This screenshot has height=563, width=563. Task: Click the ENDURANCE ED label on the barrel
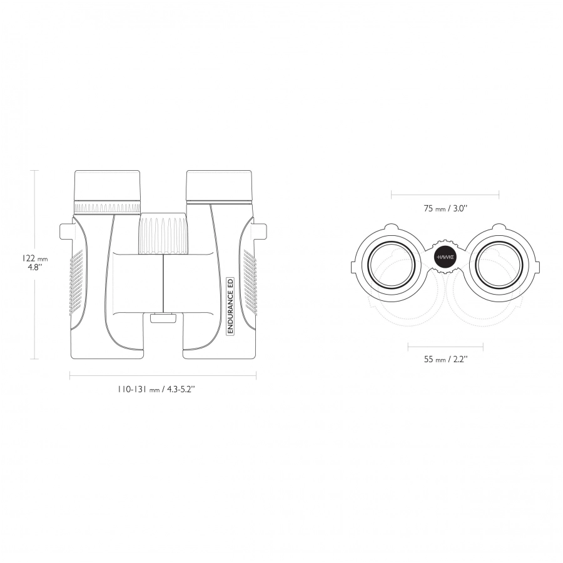[x=230, y=307]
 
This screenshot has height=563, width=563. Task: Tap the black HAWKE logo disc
[x=445, y=257]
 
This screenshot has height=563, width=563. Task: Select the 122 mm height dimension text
[x=34, y=258]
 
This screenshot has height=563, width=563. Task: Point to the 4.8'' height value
[x=35, y=268]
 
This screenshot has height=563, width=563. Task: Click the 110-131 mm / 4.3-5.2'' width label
[x=156, y=389]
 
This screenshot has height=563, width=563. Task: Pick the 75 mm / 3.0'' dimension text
[x=445, y=208]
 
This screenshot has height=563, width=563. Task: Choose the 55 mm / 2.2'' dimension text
[x=445, y=359]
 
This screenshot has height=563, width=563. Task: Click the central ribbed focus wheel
[x=163, y=234]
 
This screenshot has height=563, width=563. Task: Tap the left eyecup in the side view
[x=108, y=186]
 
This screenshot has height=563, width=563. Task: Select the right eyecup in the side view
[x=219, y=186]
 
